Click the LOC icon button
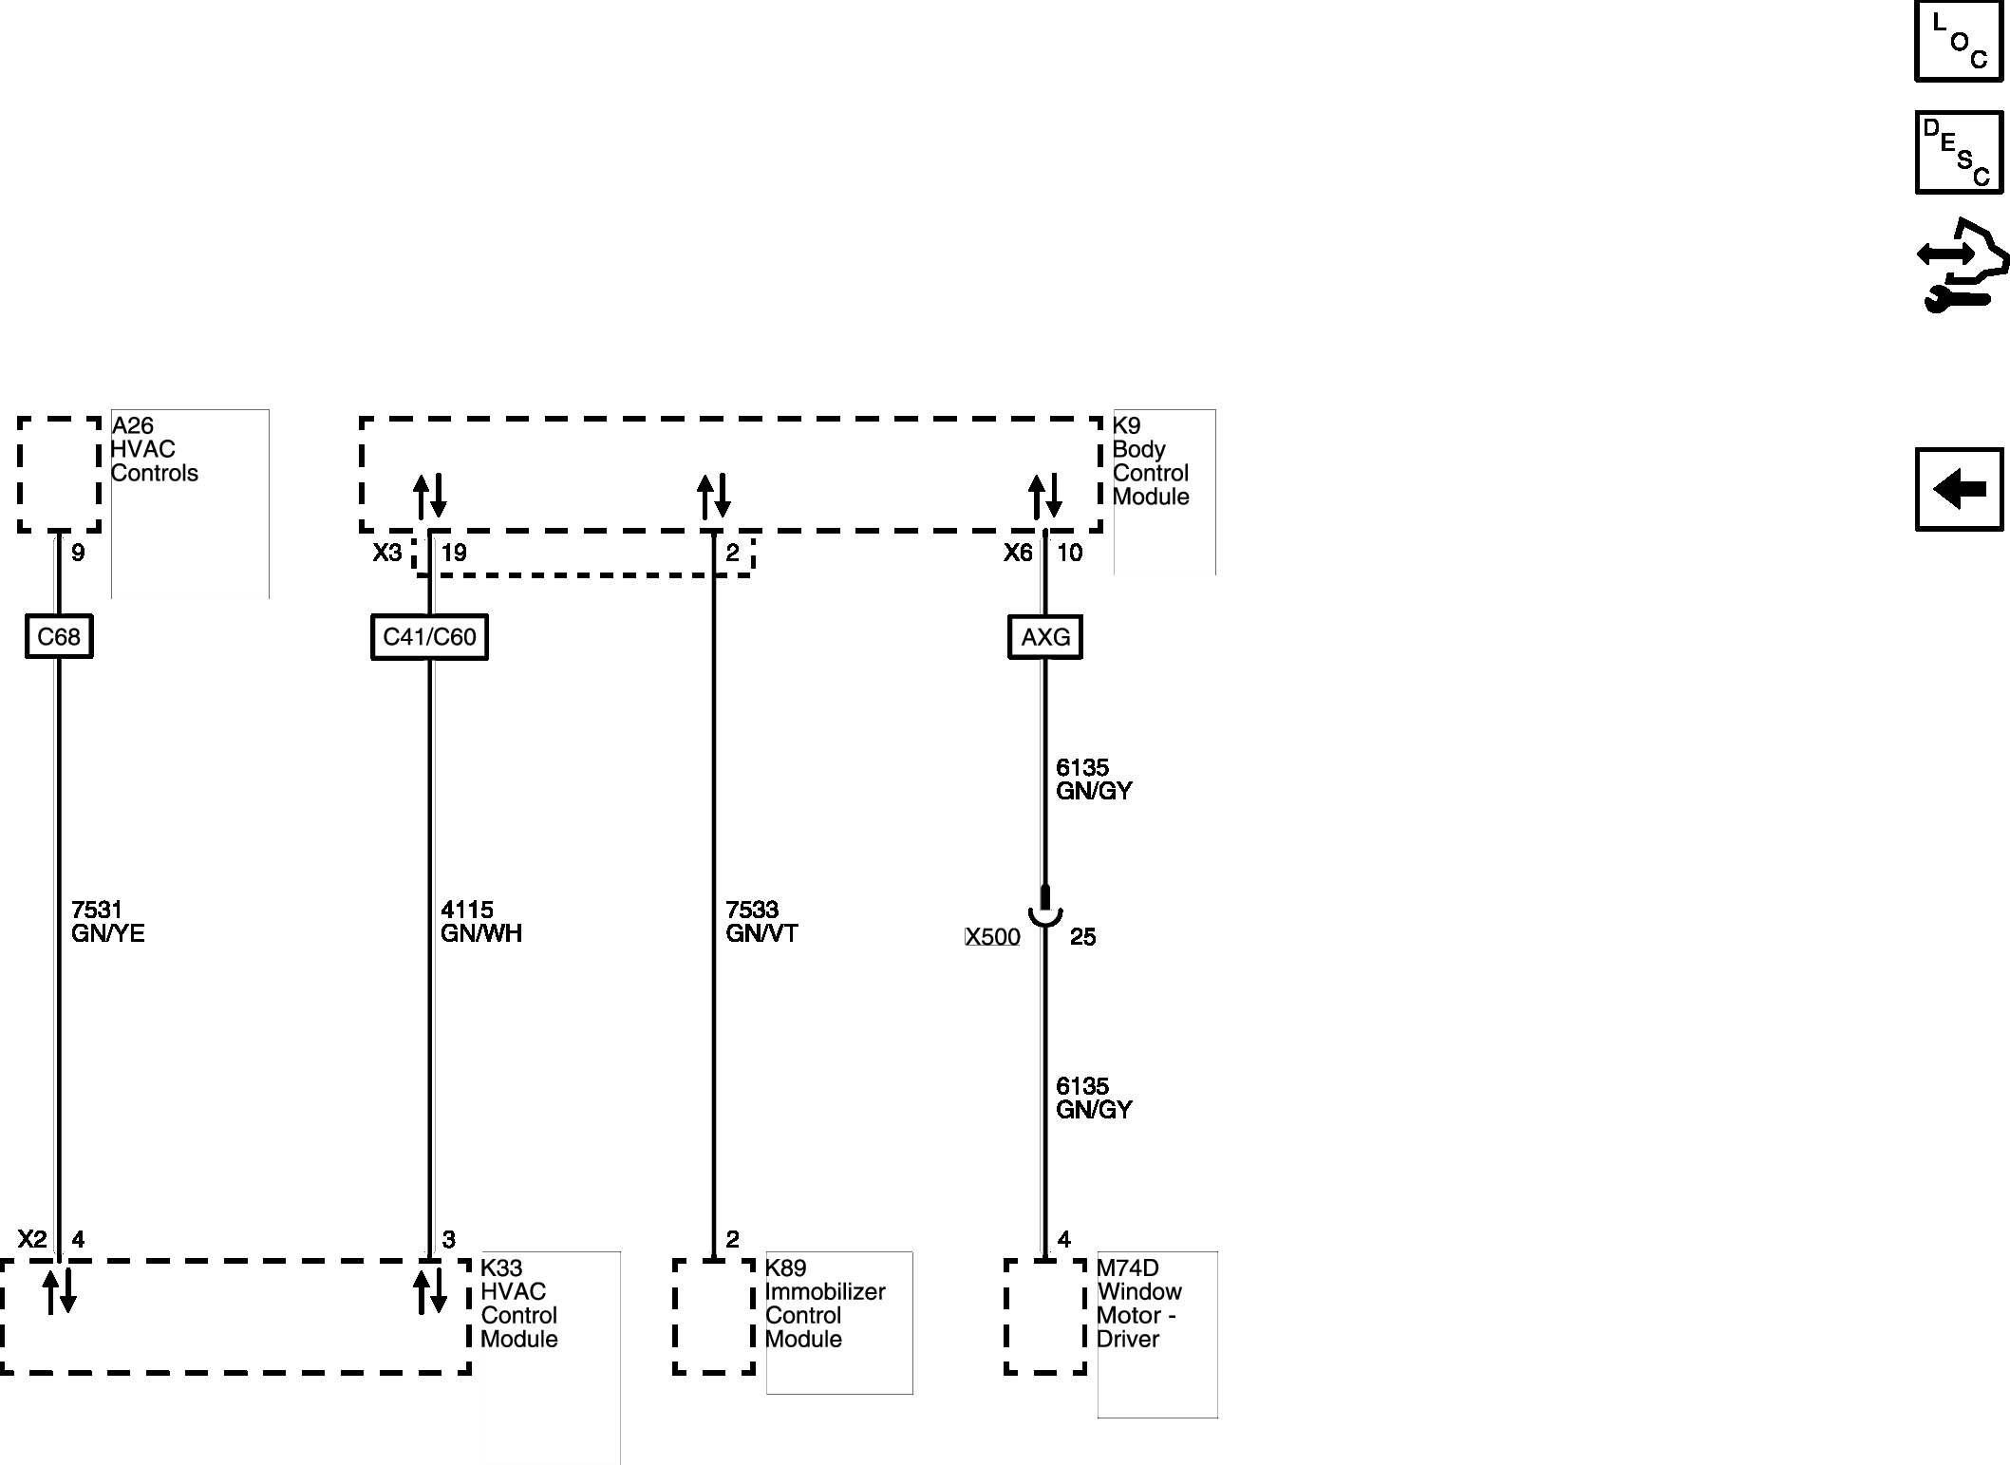point(1958,42)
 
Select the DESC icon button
point(1958,152)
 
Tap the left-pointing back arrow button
point(1959,490)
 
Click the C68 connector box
point(59,636)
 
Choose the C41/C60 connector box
point(429,636)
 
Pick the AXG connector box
point(1044,637)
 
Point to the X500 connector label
point(992,937)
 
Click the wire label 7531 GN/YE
point(107,922)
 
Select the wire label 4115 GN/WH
point(480,922)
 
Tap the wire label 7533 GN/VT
point(761,922)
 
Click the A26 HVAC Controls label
point(155,449)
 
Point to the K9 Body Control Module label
point(1150,460)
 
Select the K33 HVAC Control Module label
point(518,1303)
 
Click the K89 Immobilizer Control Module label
point(824,1303)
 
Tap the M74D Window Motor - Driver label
point(1138,1303)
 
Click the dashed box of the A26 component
point(59,474)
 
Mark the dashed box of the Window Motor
point(1044,1316)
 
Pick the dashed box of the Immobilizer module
point(714,1316)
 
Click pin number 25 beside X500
point(1082,937)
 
